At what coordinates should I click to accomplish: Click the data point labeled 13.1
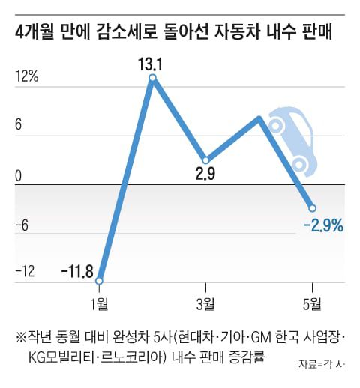coord(152,78)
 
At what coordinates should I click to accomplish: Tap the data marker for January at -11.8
coord(100,281)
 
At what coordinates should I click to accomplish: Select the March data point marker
coord(205,160)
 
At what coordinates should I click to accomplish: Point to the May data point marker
coord(312,207)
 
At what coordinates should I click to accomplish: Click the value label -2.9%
coord(323,224)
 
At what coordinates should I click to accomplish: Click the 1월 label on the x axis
coord(99,303)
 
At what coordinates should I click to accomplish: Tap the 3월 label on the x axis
coord(205,303)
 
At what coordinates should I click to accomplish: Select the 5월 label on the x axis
coord(312,303)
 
